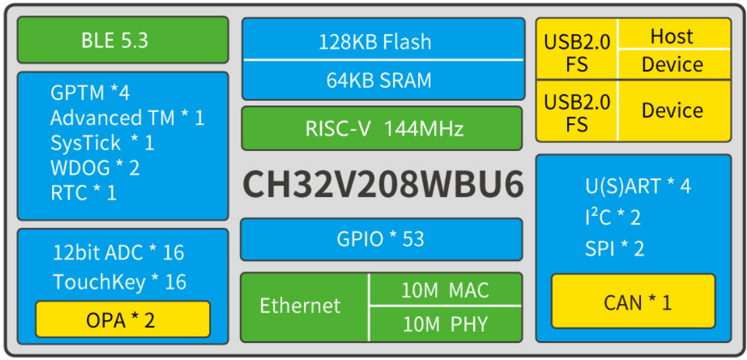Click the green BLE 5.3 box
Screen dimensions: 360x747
123,40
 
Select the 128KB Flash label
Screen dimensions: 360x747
374,42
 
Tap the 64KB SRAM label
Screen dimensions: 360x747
378,80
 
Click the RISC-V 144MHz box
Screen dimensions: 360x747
382,128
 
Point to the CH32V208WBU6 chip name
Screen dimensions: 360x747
383,185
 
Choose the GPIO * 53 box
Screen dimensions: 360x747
381,239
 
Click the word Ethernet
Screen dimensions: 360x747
300,306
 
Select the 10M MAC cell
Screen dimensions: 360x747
445,290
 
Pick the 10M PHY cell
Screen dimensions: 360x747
445,324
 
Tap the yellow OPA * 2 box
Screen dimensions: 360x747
123,320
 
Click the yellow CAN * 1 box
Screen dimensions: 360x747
633,302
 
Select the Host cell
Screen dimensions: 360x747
672,36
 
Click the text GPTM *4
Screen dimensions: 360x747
90,92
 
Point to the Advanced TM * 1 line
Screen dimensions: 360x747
127,118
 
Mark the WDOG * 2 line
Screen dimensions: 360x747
95,167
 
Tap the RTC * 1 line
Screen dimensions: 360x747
83,193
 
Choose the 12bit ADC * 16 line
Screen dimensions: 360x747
118,253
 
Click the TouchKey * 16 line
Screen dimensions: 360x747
119,282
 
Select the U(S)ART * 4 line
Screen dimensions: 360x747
638,187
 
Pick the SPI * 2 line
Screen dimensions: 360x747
614,249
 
